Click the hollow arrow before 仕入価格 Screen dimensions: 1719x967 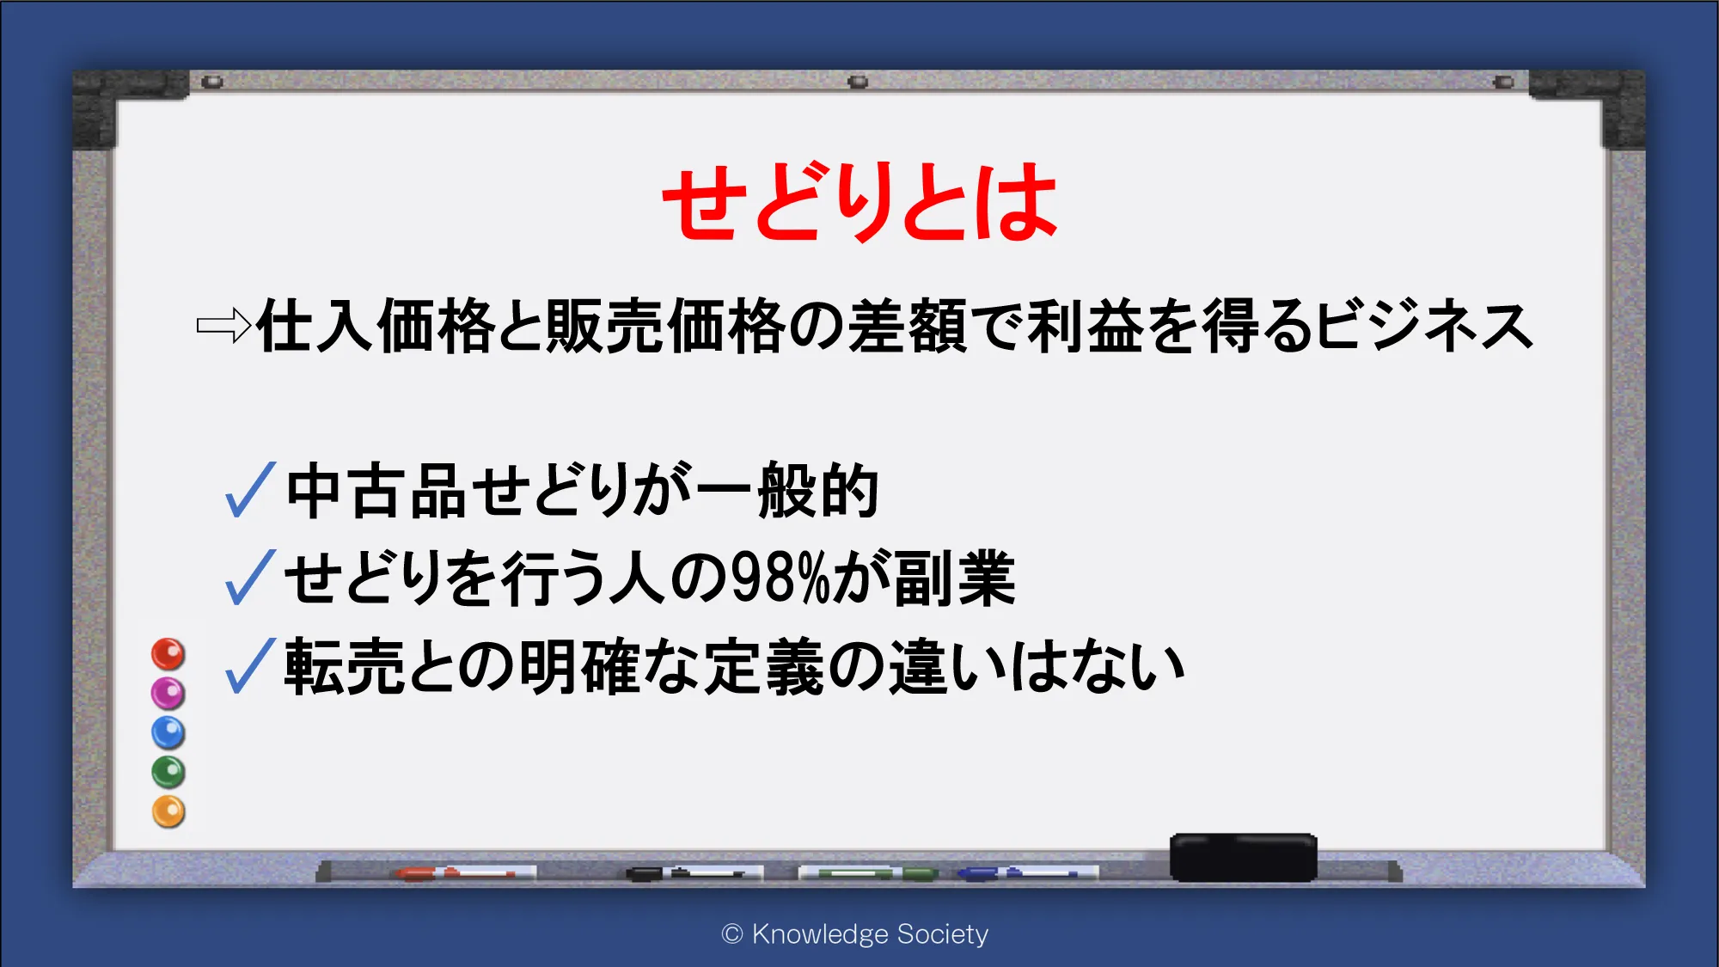click(223, 326)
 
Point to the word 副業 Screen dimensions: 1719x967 click(955, 578)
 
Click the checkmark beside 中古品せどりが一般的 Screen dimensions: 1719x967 click(250, 489)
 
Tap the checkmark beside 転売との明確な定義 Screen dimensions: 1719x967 click(250, 665)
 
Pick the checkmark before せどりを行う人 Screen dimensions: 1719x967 click(250, 577)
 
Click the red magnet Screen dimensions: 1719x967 click(168, 654)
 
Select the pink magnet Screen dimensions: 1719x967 click(168, 693)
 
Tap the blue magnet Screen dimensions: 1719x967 click(168, 732)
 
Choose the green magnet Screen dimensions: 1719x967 click(168, 772)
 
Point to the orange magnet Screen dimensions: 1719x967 click(168, 811)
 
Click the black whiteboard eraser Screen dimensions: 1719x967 click(1243, 857)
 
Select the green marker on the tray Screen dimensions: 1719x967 click(868, 873)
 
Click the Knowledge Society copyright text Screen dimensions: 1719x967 click(855, 934)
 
